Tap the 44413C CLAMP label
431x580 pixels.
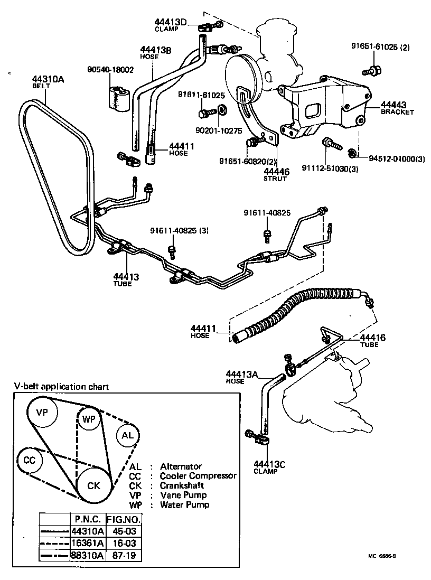coord(269,464)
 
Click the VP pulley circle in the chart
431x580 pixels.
coord(44,412)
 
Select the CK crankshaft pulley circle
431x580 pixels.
coord(93,485)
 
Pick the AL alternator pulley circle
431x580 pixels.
coord(128,436)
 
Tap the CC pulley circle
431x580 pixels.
coord(30,460)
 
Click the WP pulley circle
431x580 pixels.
coord(88,419)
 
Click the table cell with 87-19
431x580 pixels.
coord(124,555)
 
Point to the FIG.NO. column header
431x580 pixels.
coord(124,519)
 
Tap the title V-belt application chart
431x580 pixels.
coord(61,387)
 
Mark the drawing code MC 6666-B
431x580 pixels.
coord(382,556)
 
